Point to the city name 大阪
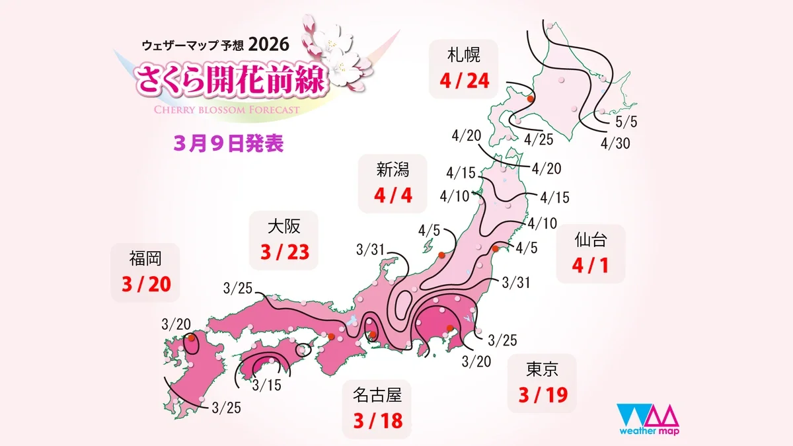(x=284, y=227)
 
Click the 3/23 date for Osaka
(x=285, y=252)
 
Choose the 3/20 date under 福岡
(x=146, y=283)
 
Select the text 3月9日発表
(x=229, y=144)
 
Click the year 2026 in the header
(x=270, y=45)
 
